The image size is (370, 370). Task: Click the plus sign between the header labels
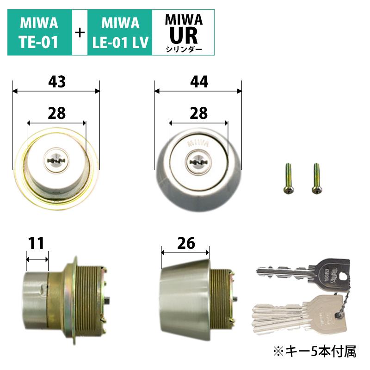[80, 33]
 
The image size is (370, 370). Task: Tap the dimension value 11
[37, 243]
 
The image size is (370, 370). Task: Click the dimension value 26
[185, 242]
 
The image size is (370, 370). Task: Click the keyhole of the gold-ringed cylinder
[56, 160]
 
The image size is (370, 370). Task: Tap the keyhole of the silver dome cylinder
[198, 162]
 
